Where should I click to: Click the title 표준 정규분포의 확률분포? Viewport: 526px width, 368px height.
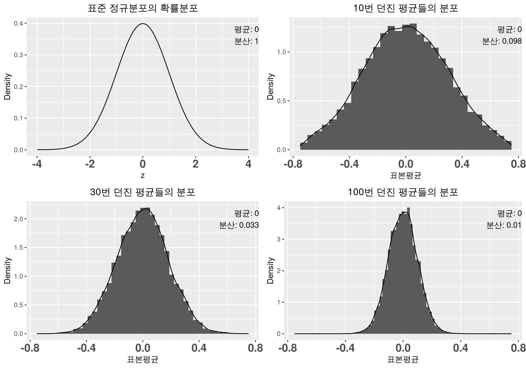coord(142,8)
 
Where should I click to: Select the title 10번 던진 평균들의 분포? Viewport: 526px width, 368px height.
coord(405,8)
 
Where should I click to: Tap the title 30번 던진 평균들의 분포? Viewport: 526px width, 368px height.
coord(142,192)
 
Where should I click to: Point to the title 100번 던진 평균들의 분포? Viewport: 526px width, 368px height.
coord(403,192)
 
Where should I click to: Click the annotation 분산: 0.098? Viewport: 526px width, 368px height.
coord(502,41)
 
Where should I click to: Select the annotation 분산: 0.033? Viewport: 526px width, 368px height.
coord(239,225)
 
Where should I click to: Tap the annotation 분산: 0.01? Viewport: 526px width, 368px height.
coord(504,225)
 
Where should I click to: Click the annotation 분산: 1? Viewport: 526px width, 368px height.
coord(246,41)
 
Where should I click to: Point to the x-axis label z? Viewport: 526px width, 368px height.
coord(142,176)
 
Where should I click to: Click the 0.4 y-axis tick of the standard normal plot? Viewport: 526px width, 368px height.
coord(18,24)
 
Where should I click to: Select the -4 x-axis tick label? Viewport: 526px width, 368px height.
coord(37,164)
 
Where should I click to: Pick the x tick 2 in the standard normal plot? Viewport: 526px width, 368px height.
coord(195,164)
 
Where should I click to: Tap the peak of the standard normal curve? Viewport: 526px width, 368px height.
coord(142,24)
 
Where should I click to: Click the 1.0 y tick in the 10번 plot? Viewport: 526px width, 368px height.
coord(282,52)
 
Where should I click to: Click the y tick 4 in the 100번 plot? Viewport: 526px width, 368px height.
coord(279,208)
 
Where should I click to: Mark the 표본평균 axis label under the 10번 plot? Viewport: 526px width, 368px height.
coord(405,176)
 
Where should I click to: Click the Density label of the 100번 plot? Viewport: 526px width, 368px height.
coord(270,271)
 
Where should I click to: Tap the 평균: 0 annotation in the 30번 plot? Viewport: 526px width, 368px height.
coord(246,213)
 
